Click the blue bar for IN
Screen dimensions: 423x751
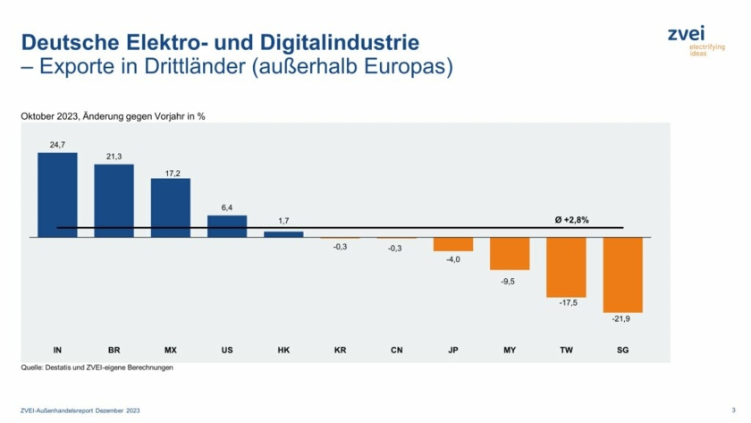(57, 194)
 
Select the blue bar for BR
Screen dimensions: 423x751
(114, 200)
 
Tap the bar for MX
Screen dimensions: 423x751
(170, 207)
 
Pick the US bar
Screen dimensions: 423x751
(226, 226)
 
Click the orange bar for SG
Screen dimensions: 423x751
(622, 275)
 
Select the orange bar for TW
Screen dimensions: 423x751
(566, 266)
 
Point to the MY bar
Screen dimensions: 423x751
(510, 253)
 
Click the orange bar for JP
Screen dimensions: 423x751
(453, 244)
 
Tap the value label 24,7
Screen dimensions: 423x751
(57, 144)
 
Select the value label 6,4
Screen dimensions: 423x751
(226, 207)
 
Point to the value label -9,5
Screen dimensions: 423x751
(510, 280)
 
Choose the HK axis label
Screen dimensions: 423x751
(283, 350)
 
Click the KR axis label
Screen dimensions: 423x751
(340, 350)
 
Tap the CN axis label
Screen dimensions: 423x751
(396, 350)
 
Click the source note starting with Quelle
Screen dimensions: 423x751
(97, 368)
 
